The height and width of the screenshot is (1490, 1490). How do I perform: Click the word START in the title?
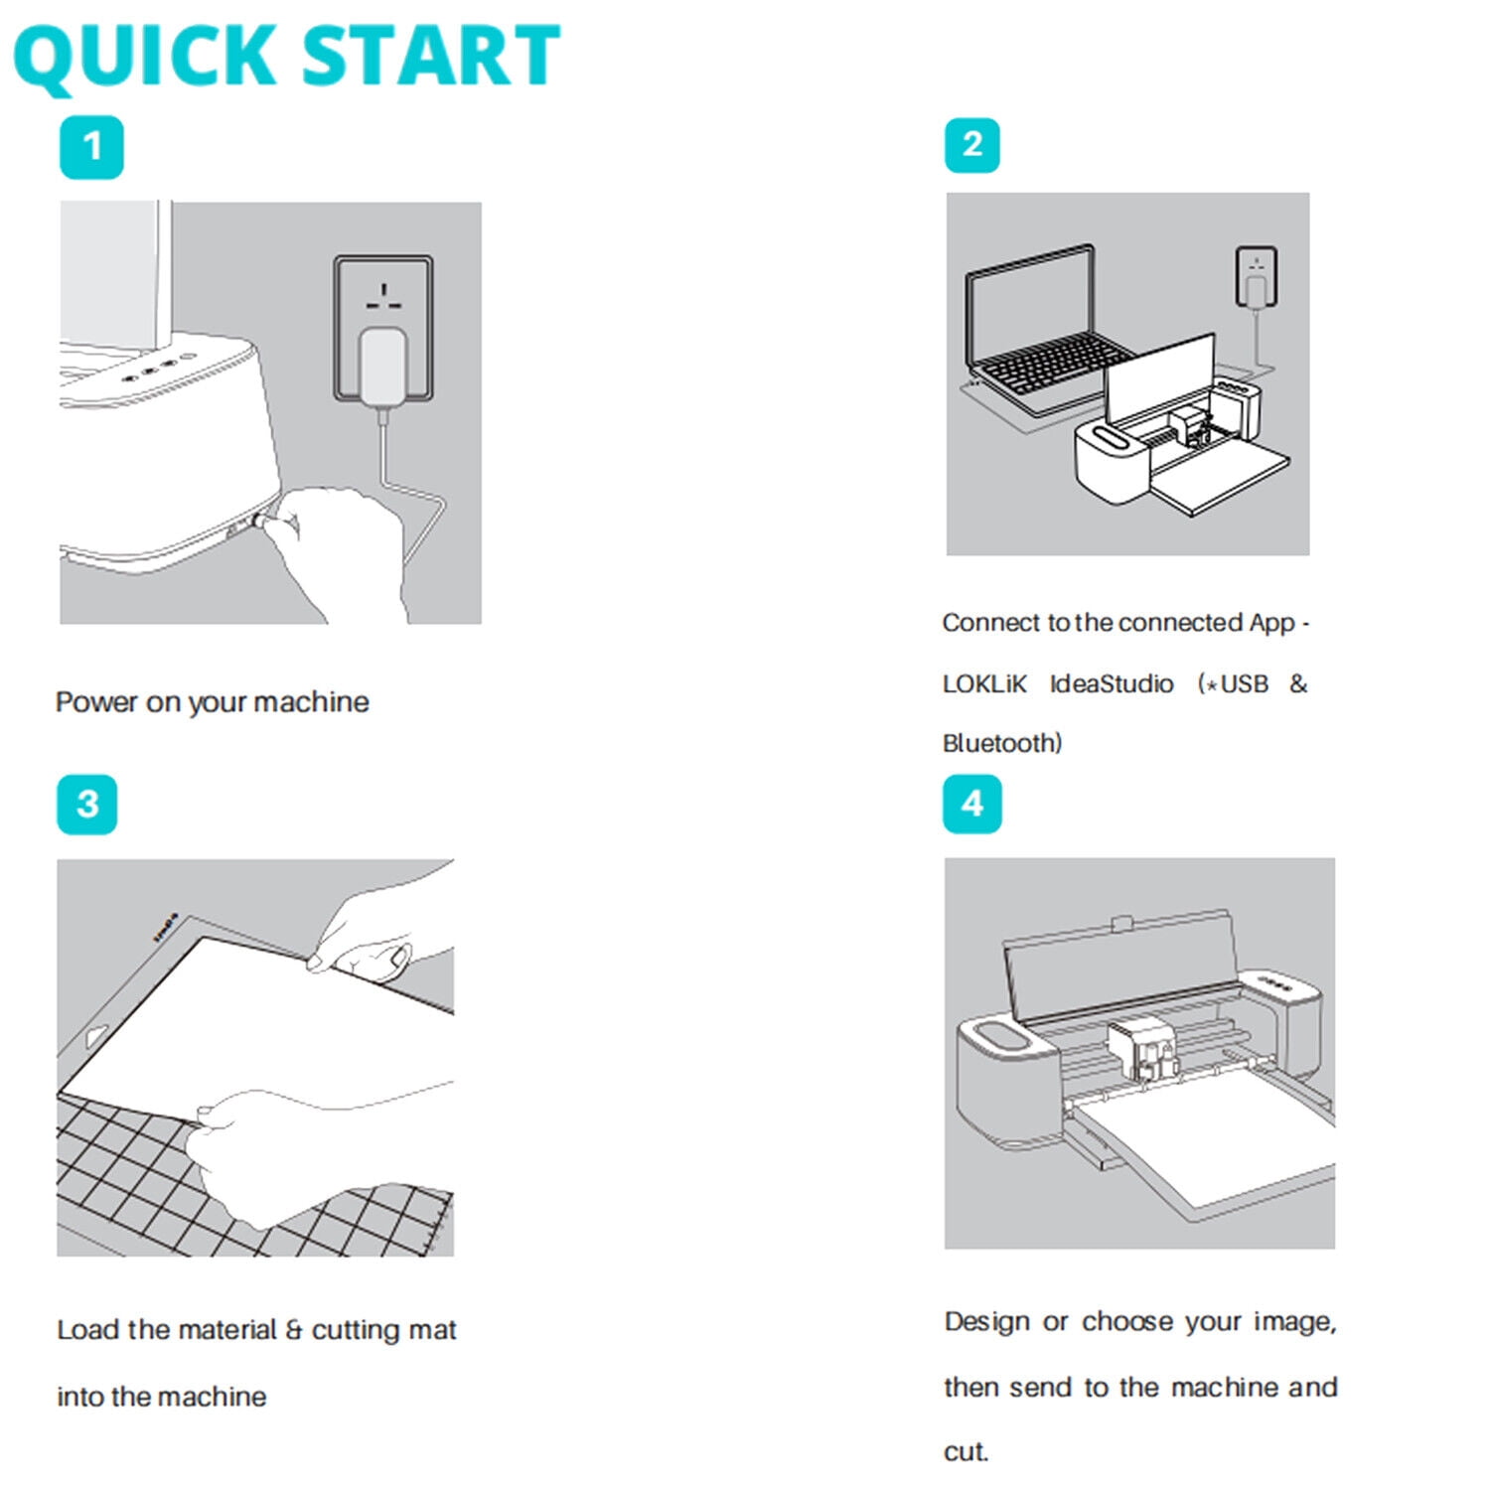pyautogui.click(x=430, y=56)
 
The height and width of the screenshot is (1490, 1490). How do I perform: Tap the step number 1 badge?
pyautogui.click(x=91, y=147)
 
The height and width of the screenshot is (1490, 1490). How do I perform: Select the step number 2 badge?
pyautogui.click(x=972, y=145)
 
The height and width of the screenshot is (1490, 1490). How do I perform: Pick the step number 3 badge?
pyautogui.click(x=87, y=804)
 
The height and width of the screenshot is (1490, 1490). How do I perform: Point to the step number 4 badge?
pyautogui.click(x=972, y=804)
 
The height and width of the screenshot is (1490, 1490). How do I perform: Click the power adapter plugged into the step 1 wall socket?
pyautogui.click(x=383, y=367)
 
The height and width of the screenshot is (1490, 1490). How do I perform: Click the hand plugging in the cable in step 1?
pyautogui.click(x=338, y=551)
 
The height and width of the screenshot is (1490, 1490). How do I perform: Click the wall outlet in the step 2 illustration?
pyautogui.click(x=1257, y=277)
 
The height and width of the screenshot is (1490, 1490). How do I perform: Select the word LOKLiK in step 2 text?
pyautogui.click(x=984, y=684)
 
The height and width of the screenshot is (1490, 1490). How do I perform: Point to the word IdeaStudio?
pyautogui.click(x=1112, y=684)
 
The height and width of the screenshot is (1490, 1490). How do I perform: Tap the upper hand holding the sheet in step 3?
pyautogui.click(x=382, y=929)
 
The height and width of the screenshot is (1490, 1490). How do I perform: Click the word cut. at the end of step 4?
pyautogui.click(x=966, y=1452)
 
